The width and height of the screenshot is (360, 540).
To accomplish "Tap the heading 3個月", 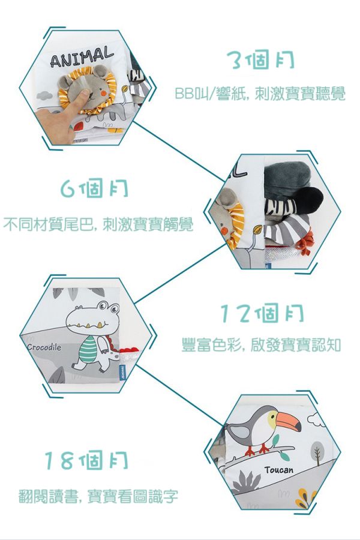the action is coord(260,61).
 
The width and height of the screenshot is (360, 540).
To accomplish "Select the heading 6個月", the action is coord(94,188).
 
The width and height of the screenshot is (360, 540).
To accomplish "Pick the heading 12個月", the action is coord(262,313).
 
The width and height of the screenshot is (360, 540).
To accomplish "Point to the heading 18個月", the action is coord(86,460).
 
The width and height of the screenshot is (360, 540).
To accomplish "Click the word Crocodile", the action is coord(44,347).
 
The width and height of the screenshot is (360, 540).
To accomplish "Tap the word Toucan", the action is coord(279,470).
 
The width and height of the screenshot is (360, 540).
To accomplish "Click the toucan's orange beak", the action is coord(289,422).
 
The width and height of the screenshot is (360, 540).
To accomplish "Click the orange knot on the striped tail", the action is coord(305,243).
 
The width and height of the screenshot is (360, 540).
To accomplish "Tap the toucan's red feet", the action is coord(257,449).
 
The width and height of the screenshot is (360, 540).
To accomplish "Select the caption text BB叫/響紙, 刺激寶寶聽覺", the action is coord(260,94).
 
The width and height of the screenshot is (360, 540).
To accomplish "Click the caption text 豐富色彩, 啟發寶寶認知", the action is coord(261,345).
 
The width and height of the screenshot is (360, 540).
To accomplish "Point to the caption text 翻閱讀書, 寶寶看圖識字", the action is coord(98,496).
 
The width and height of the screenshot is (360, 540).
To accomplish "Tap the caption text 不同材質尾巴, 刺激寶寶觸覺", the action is coord(98,224).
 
